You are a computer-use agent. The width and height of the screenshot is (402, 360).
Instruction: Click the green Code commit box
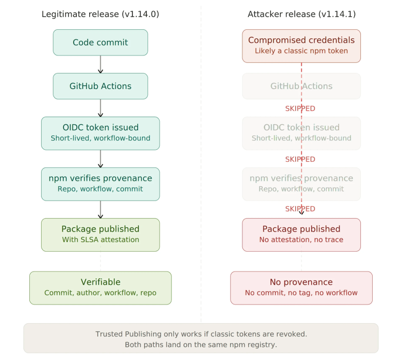100,43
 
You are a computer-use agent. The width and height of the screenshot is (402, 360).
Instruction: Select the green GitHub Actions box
100,86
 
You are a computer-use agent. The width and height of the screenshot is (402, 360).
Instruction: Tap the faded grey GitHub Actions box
301,86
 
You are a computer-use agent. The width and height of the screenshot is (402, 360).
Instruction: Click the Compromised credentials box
301,45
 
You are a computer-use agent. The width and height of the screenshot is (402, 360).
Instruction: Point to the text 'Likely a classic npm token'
301,51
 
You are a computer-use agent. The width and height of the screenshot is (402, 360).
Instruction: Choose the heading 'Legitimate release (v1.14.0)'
100,14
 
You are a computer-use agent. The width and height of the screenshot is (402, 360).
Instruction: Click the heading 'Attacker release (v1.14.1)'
301,14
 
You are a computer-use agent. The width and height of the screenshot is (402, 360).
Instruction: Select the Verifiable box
100,287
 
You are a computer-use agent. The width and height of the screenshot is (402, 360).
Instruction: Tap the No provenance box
301,287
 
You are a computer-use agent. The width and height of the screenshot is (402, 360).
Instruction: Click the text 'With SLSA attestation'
100,240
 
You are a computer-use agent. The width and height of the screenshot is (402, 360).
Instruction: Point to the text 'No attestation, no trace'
301,240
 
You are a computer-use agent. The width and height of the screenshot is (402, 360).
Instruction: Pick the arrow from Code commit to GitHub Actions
100,65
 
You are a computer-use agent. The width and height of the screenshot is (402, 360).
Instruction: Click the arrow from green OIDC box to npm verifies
100,159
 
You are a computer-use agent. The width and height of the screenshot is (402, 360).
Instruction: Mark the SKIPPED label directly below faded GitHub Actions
300,109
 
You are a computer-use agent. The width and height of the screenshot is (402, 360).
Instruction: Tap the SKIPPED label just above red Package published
300,209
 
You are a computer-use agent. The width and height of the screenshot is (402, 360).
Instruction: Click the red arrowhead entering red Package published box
302,213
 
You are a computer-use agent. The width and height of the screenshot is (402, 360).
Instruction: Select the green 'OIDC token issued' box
100,133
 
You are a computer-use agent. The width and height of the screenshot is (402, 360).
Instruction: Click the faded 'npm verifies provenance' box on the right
301,183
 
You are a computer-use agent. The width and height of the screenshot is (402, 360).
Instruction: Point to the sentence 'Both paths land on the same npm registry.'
201,345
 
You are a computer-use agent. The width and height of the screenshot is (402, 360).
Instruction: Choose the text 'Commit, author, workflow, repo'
100,293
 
